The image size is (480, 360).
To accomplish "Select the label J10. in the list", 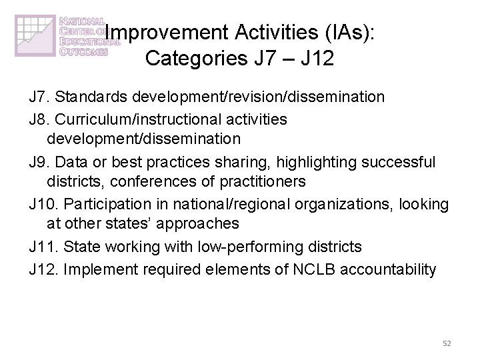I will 44,204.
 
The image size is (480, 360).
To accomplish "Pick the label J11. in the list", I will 44,247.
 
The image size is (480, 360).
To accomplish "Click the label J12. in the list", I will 44,269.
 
